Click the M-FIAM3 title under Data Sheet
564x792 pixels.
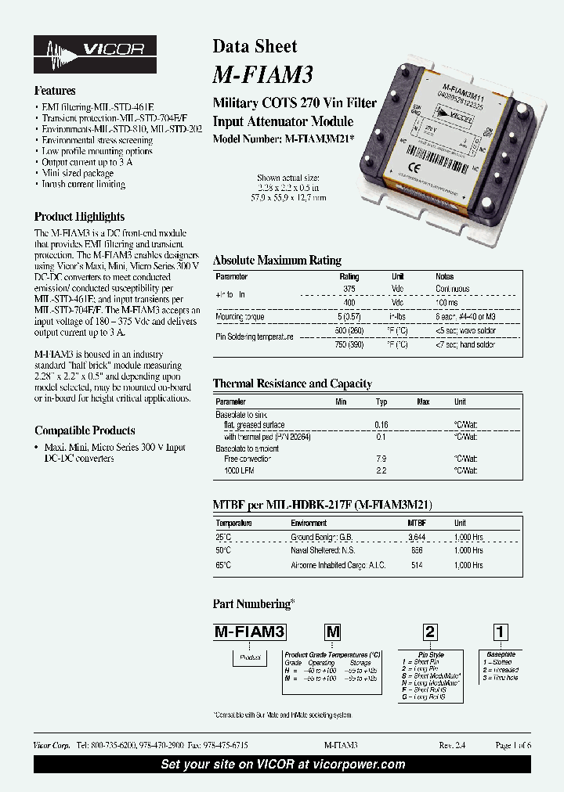(x=263, y=74)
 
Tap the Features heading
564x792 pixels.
(x=55, y=91)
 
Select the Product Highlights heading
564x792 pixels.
(x=79, y=217)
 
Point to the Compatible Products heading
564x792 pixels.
(x=85, y=430)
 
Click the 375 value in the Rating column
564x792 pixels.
(x=349, y=289)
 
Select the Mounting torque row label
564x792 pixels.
(x=240, y=317)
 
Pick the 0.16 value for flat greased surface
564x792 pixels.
(x=381, y=424)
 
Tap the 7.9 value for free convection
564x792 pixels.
(x=381, y=459)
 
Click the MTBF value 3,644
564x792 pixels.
(x=417, y=537)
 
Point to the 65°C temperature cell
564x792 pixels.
(x=223, y=564)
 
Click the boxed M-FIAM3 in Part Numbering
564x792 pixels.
(x=250, y=632)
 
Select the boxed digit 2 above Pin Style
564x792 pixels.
(x=430, y=632)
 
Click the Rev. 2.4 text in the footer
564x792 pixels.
(x=452, y=746)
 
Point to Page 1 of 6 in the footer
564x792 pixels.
(x=513, y=746)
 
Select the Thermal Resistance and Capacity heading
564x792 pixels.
(x=292, y=383)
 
